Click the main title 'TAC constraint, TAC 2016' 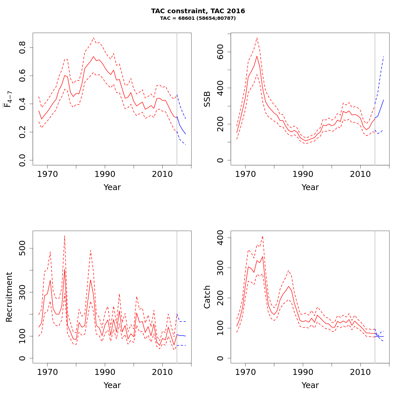click(x=198, y=11)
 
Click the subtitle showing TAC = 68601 click(x=198, y=18)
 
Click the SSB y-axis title click(x=207, y=99)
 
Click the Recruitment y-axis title click(x=9, y=297)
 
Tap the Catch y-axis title click(x=207, y=297)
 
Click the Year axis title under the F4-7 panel click(x=112, y=187)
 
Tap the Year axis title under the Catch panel click(x=310, y=385)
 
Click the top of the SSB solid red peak click(x=257, y=56)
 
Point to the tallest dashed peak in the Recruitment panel click(x=65, y=236)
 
